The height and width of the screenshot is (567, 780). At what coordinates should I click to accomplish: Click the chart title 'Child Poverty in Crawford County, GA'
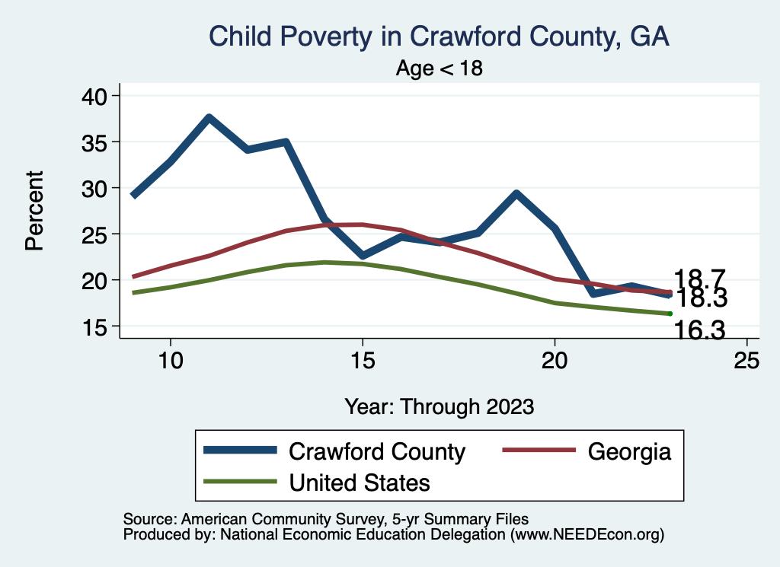coord(439,37)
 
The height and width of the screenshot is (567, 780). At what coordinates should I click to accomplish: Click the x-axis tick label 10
coord(170,361)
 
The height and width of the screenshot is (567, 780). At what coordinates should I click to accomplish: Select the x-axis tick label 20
coord(555,361)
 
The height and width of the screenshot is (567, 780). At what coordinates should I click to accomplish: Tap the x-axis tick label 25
coord(746,361)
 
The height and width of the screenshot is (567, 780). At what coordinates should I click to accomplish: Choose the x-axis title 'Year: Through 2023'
coord(439,406)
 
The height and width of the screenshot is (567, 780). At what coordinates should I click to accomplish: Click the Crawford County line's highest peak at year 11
coord(209,117)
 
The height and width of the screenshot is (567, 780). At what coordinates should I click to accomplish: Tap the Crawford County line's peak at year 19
coord(516,193)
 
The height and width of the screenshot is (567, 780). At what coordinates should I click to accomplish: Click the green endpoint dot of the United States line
coord(670,314)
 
